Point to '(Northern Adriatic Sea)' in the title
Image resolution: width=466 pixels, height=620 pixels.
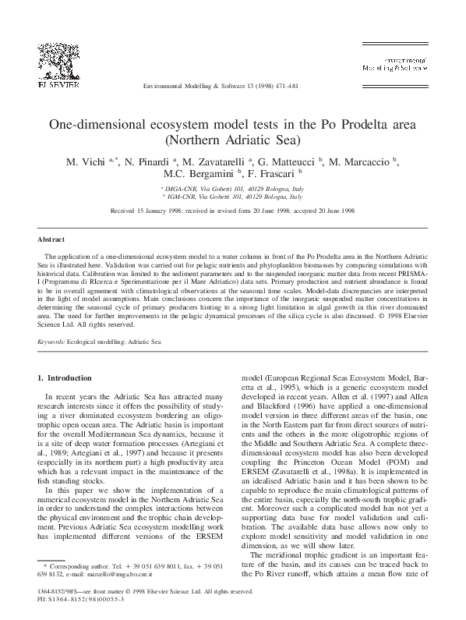232,141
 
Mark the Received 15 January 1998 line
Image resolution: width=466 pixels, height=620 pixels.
232,211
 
